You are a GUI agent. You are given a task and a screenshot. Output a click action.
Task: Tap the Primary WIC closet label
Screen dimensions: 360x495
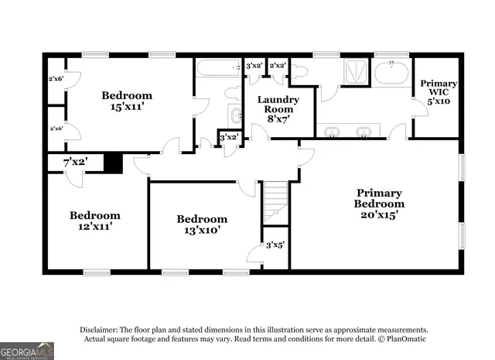pyautogui.click(x=438, y=91)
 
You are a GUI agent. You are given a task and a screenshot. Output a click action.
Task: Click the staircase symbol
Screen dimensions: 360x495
pyautogui.click(x=275, y=201)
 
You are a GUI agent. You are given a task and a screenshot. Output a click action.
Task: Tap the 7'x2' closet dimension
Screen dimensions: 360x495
pyautogui.click(x=75, y=163)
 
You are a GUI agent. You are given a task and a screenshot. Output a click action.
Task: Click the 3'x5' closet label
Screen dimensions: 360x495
pyautogui.click(x=275, y=245)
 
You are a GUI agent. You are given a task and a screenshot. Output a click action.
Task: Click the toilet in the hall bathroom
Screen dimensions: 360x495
pyautogui.click(x=232, y=93)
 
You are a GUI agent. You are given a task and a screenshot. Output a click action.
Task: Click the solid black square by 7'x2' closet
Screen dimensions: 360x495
pyautogui.click(x=113, y=163)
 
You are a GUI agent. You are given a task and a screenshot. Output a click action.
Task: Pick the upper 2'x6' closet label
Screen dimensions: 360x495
pyautogui.click(x=56, y=78)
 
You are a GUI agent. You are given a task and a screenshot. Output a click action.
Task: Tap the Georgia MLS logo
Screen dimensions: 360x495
pyautogui.click(x=27, y=351)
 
